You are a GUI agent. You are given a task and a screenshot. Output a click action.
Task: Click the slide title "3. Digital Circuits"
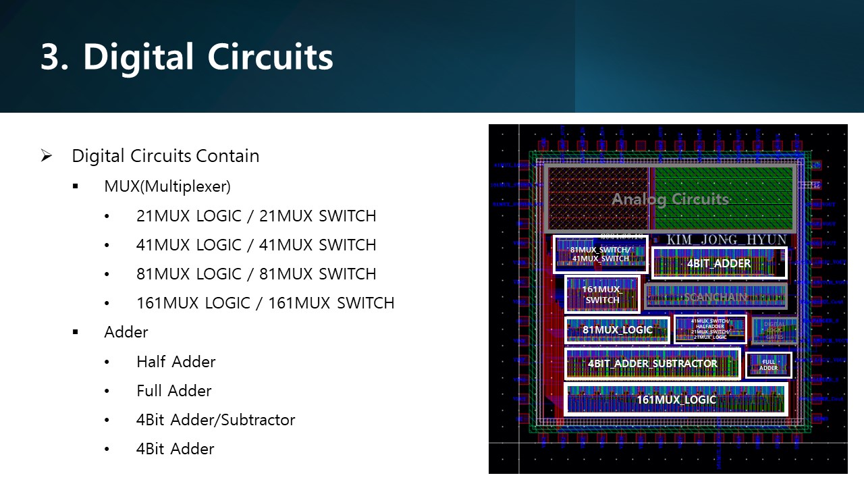[186, 57]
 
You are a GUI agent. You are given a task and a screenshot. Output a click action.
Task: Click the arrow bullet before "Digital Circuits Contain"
[47, 156]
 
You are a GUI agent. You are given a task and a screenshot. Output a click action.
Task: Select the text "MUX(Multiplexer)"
[167, 186]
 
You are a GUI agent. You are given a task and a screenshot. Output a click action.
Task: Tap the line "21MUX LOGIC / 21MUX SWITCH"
[256, 216]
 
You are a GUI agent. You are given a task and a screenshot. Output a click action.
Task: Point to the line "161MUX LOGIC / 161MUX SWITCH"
[265, 303]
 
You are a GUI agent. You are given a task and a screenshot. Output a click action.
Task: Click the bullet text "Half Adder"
[175, 362]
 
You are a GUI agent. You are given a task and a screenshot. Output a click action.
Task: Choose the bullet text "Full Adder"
[173, 391]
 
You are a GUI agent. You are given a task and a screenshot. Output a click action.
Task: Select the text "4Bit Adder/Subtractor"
[215, 420]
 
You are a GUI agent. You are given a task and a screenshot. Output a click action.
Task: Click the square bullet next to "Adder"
[75, 332]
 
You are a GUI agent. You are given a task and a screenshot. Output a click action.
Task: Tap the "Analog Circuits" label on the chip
[670, 199]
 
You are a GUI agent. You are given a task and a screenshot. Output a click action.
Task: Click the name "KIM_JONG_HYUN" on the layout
[726, 240]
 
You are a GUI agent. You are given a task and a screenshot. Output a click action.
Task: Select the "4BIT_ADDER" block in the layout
[719, 263]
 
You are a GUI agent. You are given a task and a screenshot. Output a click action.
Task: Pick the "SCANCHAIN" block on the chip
[715, 296]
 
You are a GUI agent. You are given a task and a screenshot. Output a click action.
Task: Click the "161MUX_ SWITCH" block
[602, 294]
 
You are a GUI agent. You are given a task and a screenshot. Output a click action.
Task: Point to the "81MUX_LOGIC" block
[617, 330]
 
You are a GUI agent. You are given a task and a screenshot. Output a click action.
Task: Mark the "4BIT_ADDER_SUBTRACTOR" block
[652, 364]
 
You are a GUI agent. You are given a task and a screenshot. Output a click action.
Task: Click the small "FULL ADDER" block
[768, 365]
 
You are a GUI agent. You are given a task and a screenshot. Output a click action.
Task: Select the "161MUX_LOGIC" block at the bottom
[676, 400]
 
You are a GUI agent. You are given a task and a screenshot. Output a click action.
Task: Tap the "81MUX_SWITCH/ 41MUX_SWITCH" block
[599, 254]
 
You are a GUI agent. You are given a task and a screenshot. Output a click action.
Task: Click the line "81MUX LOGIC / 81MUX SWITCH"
[256, 274]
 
